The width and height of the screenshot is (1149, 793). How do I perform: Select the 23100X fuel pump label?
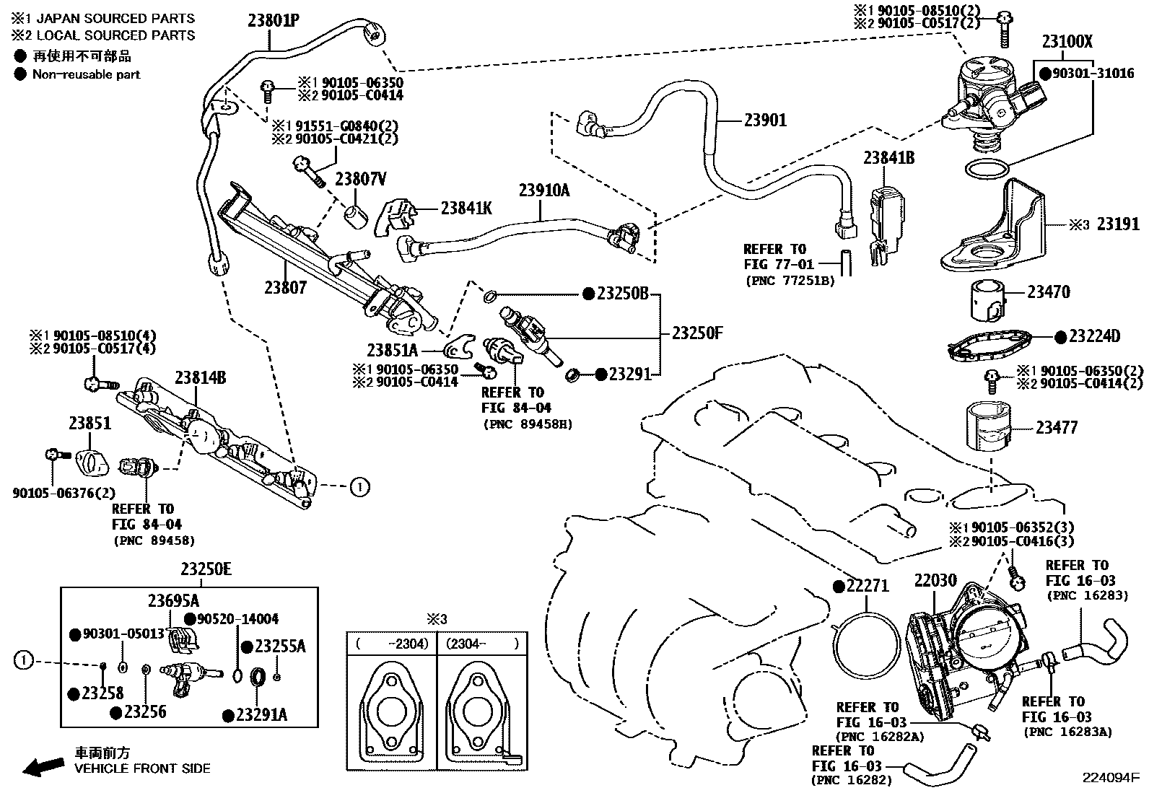1067,42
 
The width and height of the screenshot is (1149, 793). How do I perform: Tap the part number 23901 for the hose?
765,121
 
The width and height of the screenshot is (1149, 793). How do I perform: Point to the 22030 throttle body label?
935,580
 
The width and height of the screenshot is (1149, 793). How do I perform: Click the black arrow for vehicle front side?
43,766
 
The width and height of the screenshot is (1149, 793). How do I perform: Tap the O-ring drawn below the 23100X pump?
986,169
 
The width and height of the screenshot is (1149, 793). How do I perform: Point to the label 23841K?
466,209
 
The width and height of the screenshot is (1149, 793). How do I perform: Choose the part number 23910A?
544,190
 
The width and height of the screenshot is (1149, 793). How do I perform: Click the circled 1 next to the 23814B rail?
359,487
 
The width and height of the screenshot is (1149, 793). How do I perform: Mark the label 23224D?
1094,336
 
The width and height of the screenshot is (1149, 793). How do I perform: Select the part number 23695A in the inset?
173,600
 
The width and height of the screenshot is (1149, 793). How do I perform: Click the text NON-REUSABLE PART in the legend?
86,74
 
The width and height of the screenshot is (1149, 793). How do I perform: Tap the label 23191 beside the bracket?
1118,224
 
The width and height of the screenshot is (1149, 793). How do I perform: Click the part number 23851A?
392,351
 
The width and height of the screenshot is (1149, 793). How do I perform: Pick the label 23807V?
361,179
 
